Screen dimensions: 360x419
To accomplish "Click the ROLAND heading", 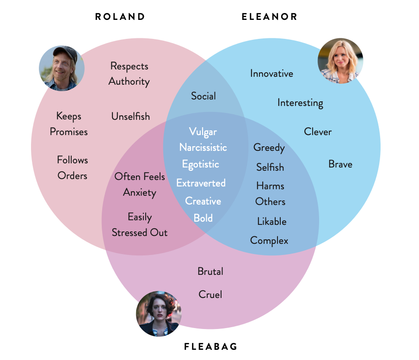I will [120, 17].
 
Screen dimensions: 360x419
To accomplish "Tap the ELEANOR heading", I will [270, 17].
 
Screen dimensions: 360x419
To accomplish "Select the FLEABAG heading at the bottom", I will [210, 346].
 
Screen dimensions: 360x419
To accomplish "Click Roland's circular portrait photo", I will [62, 68].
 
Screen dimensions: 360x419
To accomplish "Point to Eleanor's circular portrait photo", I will [340, 61].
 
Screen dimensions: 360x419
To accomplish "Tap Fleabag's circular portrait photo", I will [159, 313].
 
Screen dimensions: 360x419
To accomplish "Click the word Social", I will [203, 96].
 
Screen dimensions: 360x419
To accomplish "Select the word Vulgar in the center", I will [203, 132].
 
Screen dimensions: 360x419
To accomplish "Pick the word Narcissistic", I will [203, 148].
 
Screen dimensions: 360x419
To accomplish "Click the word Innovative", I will [271, 73].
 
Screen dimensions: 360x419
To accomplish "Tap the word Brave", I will [340, 164].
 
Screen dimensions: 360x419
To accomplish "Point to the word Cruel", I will [210, 294].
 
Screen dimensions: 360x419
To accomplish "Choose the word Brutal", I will [210, 271].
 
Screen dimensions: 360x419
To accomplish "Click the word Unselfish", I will [130, 117].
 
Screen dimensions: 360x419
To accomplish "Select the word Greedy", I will [269, 148].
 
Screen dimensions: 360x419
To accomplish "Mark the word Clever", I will [318, 132].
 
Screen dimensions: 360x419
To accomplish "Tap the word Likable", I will [271, 222].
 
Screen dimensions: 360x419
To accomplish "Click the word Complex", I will [269, 241].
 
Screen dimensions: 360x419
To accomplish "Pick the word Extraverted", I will [201, 183].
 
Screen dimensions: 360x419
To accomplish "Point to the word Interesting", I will [300, 103].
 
